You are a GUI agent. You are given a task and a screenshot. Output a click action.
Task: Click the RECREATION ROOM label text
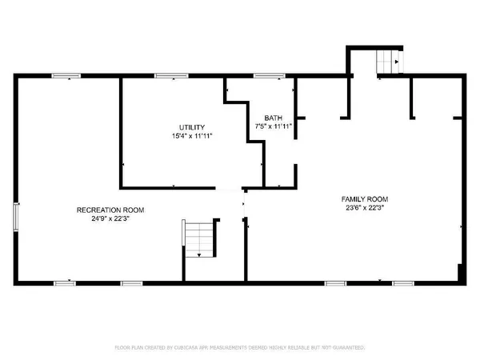(x=110, y=210)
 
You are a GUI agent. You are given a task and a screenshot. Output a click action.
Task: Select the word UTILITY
(x=191, y=127)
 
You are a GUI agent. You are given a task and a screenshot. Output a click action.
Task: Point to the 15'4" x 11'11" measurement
(x=191, y=136)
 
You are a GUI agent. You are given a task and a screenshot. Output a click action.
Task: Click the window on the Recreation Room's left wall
(x=15, y=216)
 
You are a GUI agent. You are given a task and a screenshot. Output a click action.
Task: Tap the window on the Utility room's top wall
(x=166, y=76)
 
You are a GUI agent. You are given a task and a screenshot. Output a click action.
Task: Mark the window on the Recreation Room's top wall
(x=65, y=76)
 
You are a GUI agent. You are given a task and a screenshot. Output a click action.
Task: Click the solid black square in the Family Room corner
(x=460, y=273)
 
